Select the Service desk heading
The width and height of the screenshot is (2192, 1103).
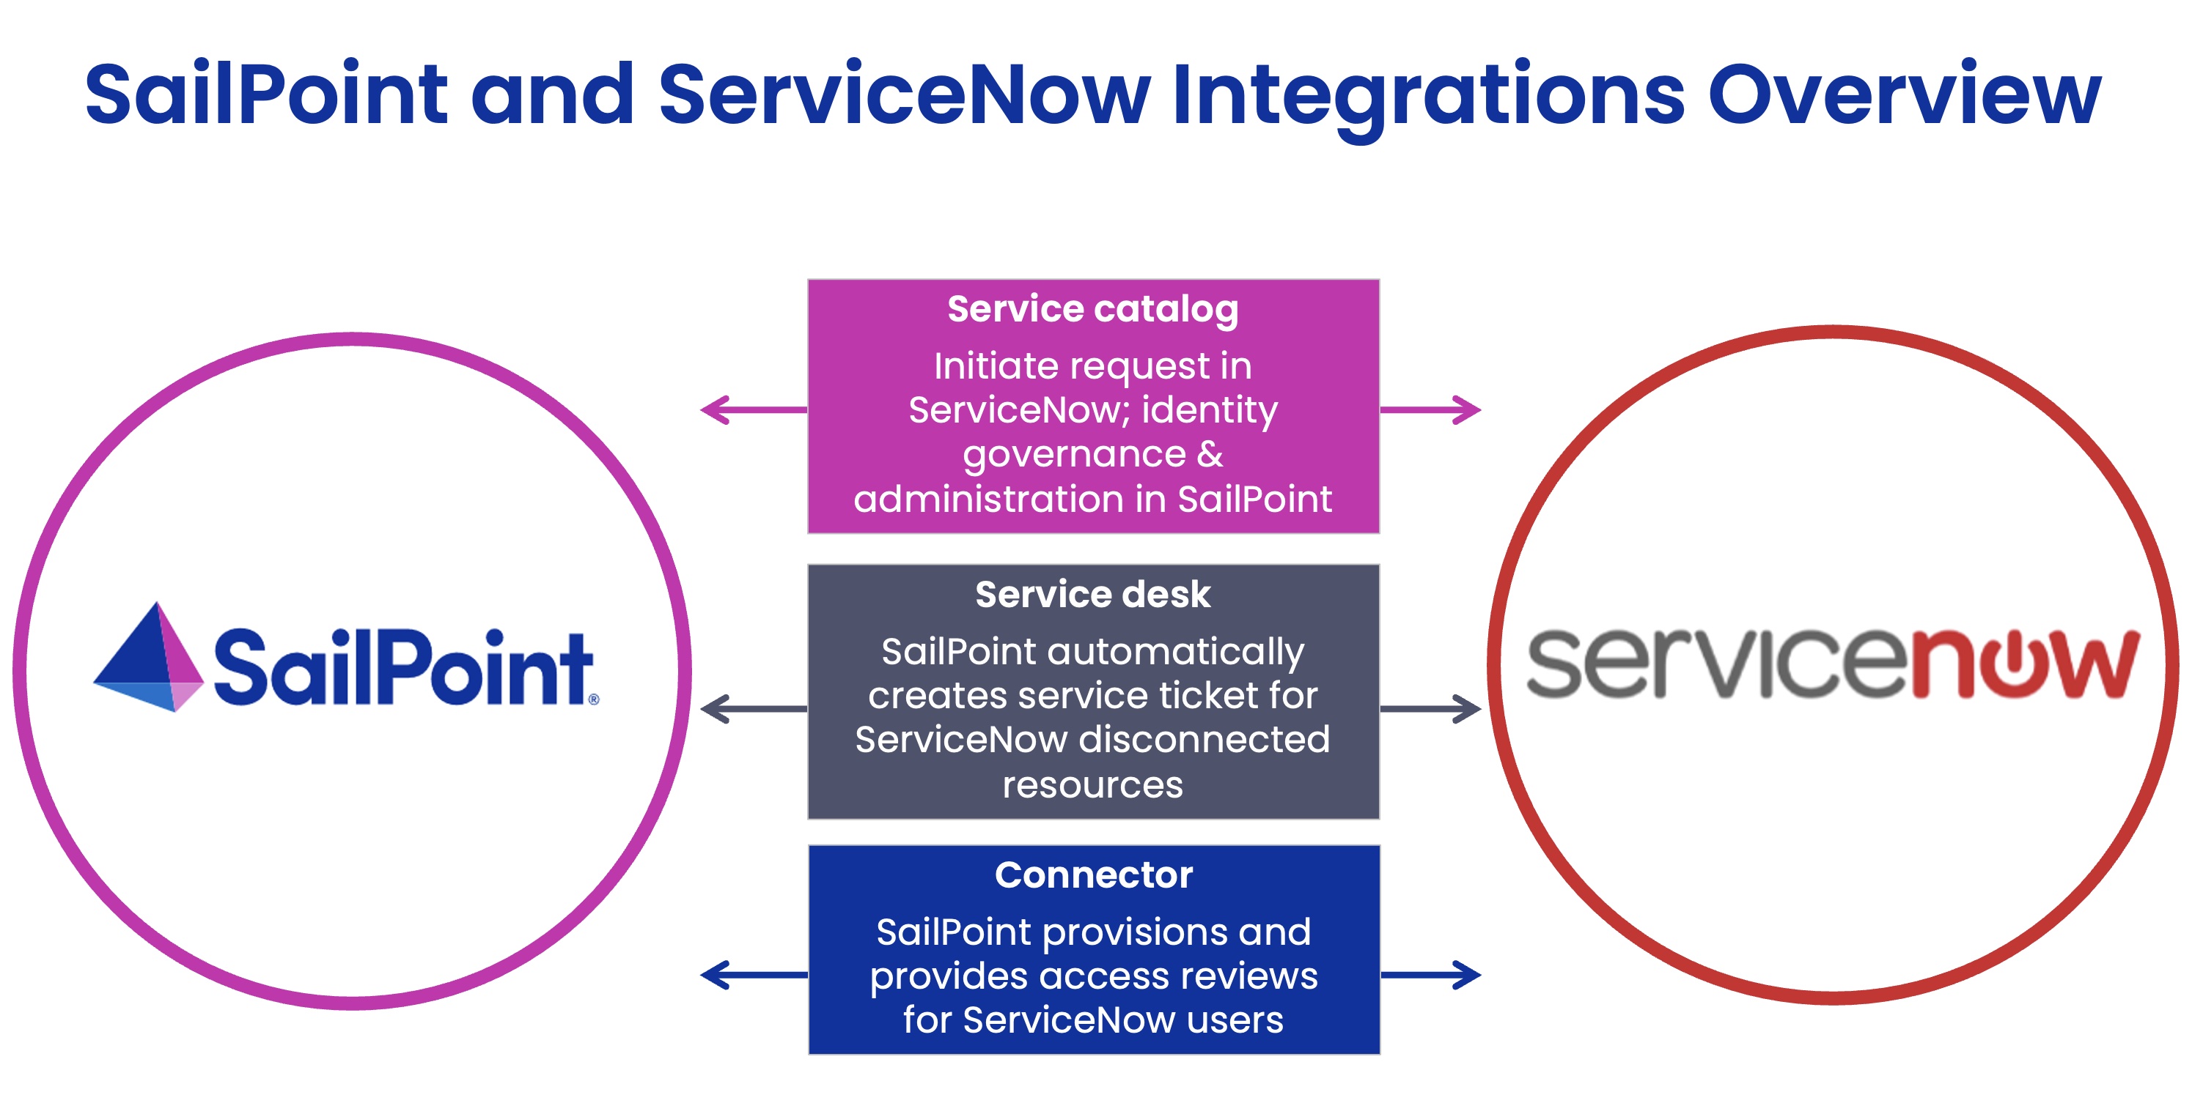[1092, 595]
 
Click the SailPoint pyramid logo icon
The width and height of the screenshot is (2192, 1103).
[150, 659]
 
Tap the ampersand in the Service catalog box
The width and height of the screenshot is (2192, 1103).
[1210, 454]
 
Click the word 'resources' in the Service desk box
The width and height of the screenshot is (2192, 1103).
[1092, 785]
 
